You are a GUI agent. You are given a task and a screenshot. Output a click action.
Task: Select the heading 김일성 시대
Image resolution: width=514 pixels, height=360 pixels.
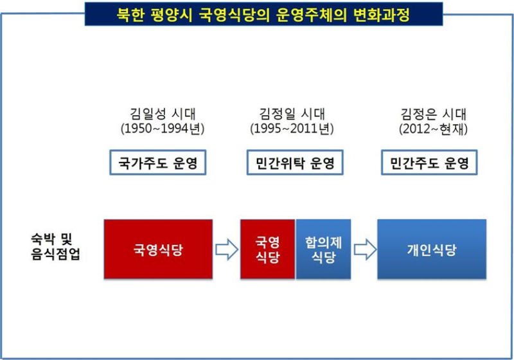(x=163, y=114)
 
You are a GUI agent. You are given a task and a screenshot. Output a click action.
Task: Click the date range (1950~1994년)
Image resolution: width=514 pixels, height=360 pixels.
(x=163, y=128)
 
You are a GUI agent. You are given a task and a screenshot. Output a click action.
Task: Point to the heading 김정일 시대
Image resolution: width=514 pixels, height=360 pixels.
(x=292, y=114)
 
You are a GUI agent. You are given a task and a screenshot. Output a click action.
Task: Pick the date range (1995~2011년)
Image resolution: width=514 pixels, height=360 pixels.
(x=292, y=128)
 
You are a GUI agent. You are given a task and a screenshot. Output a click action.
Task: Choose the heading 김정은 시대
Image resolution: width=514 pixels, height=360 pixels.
(x=433, y=114)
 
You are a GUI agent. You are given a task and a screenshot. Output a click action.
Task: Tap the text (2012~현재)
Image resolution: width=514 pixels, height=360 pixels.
(x=433, y=129)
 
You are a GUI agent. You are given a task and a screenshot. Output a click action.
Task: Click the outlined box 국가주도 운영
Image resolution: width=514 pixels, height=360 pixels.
(x=157, y=162)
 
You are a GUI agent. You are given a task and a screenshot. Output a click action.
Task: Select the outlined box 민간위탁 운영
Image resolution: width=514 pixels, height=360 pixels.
(x=295, y=162)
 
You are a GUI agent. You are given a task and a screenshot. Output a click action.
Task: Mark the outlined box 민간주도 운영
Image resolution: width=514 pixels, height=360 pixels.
(x=429, y=162)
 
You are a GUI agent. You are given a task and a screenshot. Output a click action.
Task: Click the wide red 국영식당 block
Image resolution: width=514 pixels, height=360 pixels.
(x=158, y=249)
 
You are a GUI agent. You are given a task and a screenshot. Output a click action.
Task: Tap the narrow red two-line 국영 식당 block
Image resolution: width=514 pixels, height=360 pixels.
(x=267, y=249)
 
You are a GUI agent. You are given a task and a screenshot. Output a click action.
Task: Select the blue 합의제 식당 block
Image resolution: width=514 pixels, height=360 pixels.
(x=323, y=249)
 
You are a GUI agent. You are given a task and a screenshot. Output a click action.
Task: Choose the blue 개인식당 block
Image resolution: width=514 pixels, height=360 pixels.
(x=432, y=249)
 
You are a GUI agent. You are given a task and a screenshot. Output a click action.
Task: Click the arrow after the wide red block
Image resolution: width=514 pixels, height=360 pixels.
(x=227, y=250)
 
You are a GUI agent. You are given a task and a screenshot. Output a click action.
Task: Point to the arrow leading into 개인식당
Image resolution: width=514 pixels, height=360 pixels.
(x=365, y=250)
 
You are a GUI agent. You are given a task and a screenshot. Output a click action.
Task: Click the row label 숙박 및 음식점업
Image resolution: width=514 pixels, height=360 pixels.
(x=55, y=247)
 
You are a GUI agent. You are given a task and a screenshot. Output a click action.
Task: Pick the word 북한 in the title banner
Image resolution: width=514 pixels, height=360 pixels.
(x=131, y=14)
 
